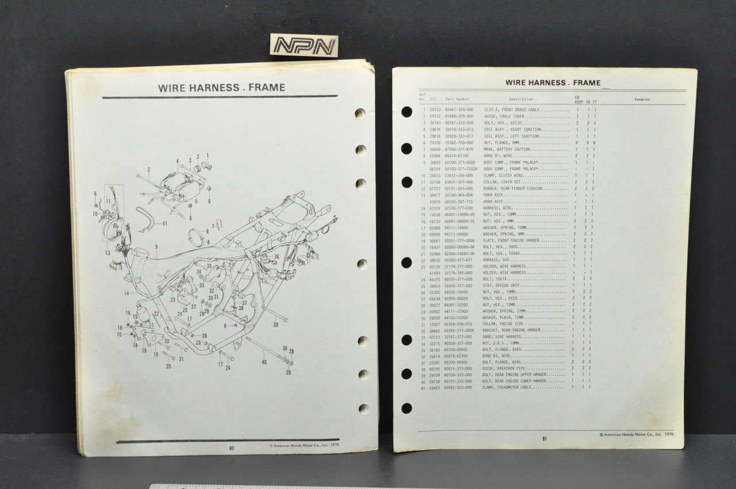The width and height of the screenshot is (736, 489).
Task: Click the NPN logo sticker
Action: tap(304, 47)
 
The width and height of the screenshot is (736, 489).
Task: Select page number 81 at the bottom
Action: tap(543, 438)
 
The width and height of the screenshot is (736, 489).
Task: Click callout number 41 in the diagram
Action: tap(165, 223)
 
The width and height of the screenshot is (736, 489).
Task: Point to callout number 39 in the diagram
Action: tap(275, 325)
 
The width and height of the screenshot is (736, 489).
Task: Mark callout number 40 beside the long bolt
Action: tap(264, 362)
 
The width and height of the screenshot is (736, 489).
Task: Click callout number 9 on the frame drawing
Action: tap(155, 247)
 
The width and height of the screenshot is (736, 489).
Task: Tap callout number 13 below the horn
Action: tap(107, 253)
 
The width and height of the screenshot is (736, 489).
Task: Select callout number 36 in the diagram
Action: tap(277, 257)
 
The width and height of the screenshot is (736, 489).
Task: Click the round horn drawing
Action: tap(111, 227)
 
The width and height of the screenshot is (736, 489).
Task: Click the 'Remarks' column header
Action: tap(642, 99)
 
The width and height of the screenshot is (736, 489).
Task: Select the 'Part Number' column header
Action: tap(457, 99)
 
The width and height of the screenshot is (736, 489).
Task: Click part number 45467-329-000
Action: tap(459, 109)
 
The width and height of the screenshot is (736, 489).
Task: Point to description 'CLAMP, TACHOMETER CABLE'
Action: tap(511, 388)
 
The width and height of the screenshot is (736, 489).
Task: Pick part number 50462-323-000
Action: tap(459, 388)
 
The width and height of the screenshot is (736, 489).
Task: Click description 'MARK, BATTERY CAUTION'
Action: tap(507, 149)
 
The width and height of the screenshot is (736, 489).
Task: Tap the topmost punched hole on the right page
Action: tap(407, 112)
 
